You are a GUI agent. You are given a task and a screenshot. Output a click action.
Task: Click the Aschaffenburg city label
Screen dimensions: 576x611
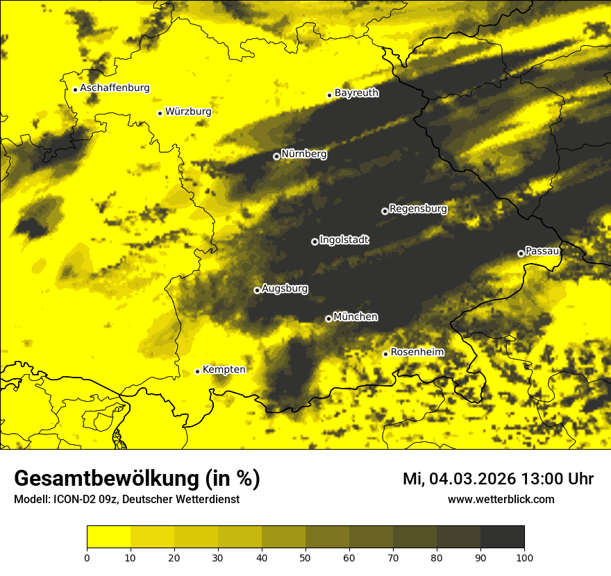115,88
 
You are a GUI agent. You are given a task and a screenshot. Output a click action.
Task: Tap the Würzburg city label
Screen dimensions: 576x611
188,112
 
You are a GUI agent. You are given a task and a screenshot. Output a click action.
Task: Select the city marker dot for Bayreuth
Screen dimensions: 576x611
330,95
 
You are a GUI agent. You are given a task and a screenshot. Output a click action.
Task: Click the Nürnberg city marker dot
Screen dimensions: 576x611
276,156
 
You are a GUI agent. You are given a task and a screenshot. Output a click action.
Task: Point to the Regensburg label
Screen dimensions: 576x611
418,208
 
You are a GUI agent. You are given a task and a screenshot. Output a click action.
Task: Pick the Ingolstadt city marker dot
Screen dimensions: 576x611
315,242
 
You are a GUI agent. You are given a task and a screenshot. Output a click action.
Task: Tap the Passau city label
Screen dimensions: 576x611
542,251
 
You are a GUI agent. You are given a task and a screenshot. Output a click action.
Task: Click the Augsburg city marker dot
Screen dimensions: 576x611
257,290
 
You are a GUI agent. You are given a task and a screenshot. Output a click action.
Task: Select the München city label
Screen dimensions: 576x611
355,316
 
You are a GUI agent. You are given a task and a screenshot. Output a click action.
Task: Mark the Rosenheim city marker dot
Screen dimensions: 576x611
385,354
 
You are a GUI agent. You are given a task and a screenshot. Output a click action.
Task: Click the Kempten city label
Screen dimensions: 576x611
224,369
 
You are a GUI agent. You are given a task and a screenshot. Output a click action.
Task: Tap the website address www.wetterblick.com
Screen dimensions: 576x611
501,500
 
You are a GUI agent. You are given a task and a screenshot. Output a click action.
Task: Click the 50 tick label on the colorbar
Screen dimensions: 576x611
305,557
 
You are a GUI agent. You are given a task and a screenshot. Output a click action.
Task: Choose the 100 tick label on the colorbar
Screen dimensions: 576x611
524,557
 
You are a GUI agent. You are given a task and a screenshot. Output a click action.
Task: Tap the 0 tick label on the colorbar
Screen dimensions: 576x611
87,557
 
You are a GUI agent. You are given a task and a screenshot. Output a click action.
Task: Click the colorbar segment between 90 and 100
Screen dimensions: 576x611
502,537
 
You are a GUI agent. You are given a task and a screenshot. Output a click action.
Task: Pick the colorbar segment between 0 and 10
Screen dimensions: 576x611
108,537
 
